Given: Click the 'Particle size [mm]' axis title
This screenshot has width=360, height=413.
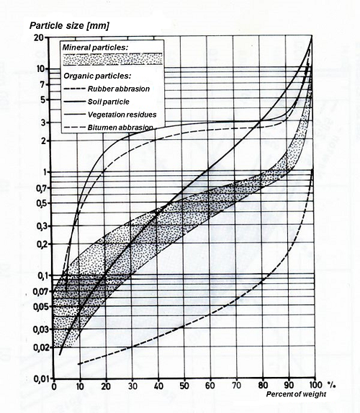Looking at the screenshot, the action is (69, 26).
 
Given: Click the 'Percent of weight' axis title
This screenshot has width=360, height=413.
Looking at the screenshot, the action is (296, 394).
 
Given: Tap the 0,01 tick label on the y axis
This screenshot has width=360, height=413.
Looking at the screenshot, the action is (42, 379).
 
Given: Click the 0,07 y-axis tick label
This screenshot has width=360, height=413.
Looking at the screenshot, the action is (42, 291).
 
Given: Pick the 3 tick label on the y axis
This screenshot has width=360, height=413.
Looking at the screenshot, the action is (43, 123).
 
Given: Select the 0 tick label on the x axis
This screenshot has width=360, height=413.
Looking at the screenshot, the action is (54, 386).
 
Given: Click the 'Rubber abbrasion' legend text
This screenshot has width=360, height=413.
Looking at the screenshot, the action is (119, 89).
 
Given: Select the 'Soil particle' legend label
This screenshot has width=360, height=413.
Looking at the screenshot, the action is (109, 102).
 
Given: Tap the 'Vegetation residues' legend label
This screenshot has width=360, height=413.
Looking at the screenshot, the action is (122, 115).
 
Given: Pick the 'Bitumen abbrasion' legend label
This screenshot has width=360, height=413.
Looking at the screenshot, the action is (120, 128).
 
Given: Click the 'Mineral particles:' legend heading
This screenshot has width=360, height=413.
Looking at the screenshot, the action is (95, 48).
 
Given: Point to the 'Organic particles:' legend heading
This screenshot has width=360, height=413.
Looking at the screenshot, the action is (97, 76).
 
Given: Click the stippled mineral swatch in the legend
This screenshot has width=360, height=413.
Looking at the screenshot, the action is (113, 59).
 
